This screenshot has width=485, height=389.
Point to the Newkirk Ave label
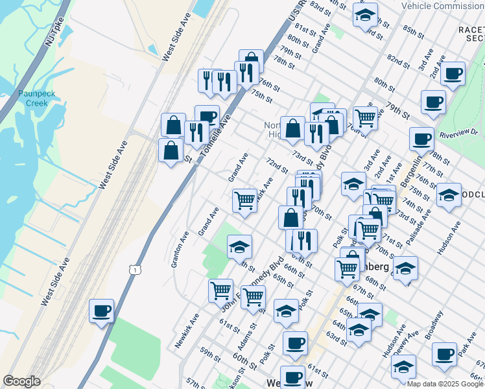click(x=187, y=329)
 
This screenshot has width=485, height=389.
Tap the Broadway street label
click(x=434, y=325)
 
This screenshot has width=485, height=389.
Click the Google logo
click(x=21, y=381)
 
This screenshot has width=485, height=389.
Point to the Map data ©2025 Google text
click(x=445, y=384)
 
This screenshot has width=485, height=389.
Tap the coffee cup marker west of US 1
click(x=102, y=311)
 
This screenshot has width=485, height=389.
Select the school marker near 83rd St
click(x=366, y=14)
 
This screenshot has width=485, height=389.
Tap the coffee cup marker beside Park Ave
click(x=445, y=354)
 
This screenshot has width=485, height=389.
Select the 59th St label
click(x=211, y=353)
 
